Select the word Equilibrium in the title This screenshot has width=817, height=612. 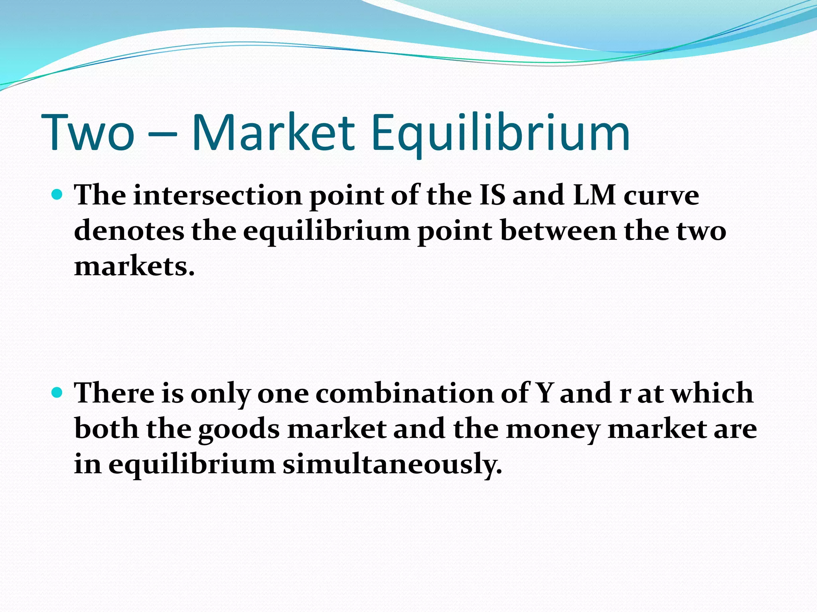tap(501, 133)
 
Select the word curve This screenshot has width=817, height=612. tap(661, 196)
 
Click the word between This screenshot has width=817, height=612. tap(558, 231)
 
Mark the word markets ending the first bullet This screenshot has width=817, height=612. tap(134, 266)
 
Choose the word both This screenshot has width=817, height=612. tap(106, 429)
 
